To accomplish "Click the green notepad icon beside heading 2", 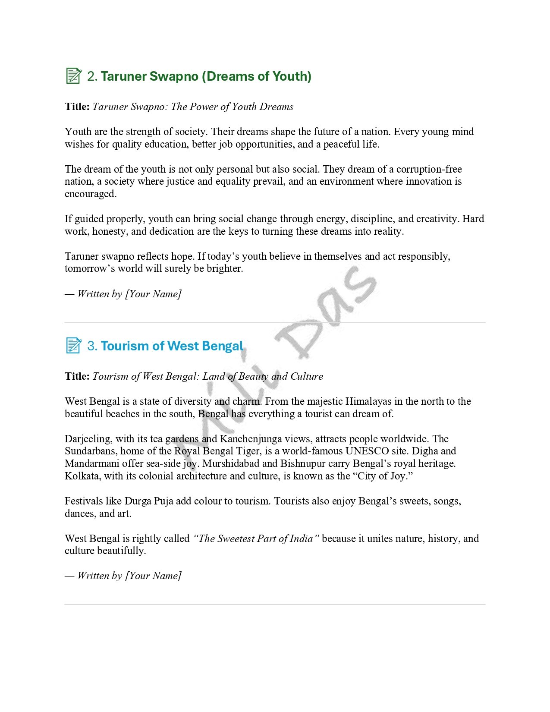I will pos(73,76).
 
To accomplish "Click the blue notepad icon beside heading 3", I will pos(73,346).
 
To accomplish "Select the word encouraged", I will pos(90,194).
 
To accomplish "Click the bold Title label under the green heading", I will pos(77,107).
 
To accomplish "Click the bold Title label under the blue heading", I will pos(77,376).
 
